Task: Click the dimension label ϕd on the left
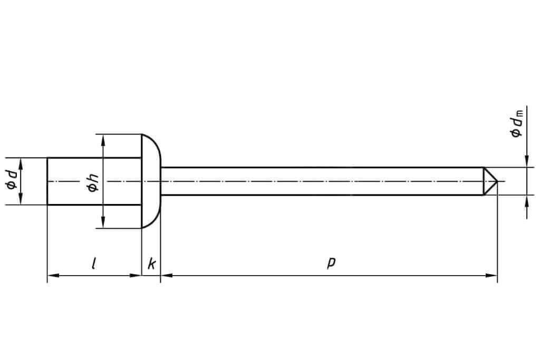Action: coord(12,179)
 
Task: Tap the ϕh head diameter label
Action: coord(93,183)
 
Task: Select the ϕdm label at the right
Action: coord(517,124)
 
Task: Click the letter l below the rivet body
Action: coord(94,264)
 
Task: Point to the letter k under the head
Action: coord(151,264)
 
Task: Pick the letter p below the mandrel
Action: coord(331,262)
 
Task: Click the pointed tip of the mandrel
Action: coord(497,181)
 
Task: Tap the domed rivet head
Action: coord(151,181)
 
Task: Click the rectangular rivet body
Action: coord(94,181)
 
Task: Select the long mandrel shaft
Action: coord(322,181)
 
